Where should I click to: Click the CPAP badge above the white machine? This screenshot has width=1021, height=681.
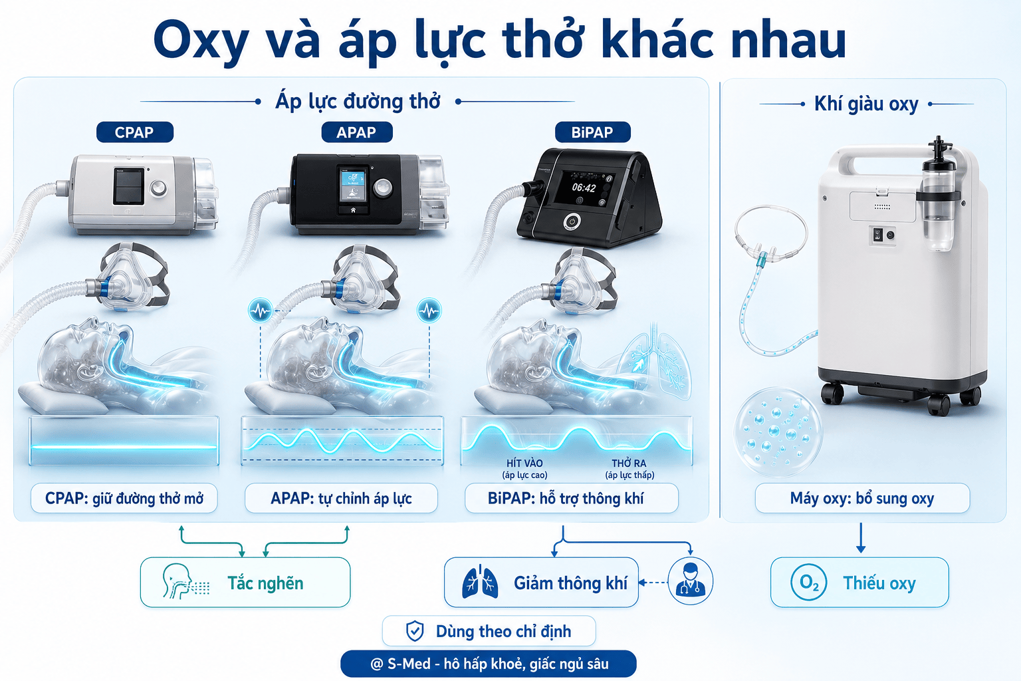135,132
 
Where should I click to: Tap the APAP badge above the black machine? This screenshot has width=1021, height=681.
357,132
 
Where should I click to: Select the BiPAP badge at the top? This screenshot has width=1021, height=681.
592,132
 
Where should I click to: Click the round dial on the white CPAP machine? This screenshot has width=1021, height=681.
159,188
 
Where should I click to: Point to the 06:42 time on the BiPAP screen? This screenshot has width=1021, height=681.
584,188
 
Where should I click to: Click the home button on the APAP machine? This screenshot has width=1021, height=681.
353,209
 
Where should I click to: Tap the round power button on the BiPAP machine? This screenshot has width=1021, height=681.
572,222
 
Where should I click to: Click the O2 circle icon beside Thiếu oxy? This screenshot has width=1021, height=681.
809,582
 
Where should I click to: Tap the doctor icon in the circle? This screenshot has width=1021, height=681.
690,581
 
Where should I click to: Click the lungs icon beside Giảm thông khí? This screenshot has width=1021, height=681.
480,582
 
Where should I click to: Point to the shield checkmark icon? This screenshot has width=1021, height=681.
415,631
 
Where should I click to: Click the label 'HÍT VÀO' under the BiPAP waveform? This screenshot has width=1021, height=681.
524,464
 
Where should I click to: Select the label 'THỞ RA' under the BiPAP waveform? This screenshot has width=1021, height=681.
629,464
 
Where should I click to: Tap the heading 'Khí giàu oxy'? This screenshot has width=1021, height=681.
866,104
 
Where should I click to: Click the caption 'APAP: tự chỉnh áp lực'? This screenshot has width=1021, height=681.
341,498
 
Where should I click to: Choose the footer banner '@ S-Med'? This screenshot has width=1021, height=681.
489,664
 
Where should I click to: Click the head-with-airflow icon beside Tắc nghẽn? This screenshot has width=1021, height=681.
185,581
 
